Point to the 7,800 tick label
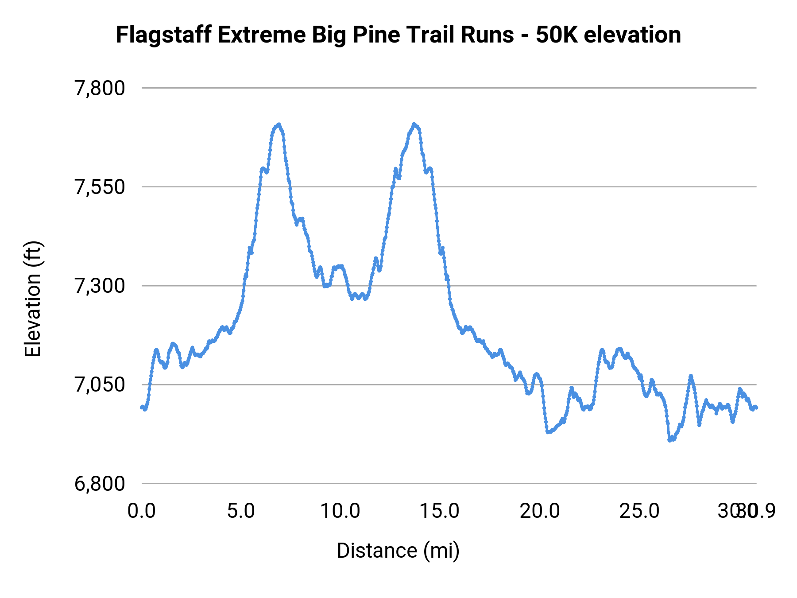[x=100, y=88]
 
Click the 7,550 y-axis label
[x=100, y=187]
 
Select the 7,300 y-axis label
[x=100, y=286]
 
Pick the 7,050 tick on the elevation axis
[x=100, y=384]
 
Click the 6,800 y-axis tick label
[x=100, y=483]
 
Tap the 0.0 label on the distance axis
[x=142, y=511]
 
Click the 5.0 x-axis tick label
[x=241, y=511]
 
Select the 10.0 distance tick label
[x=340, y=511]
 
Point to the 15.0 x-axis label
[x=440, y=511]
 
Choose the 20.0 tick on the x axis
[x=539, y=511]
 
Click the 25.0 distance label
[x=639, y=511]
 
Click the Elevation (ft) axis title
[x=33, y=299]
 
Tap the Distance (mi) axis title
[x=398, y=551]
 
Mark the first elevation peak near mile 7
[x=279, y=124]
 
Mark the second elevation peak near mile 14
[x=414, y=124]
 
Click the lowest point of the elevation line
[x=670, y=440]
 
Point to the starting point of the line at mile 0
[x=142, y=407]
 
